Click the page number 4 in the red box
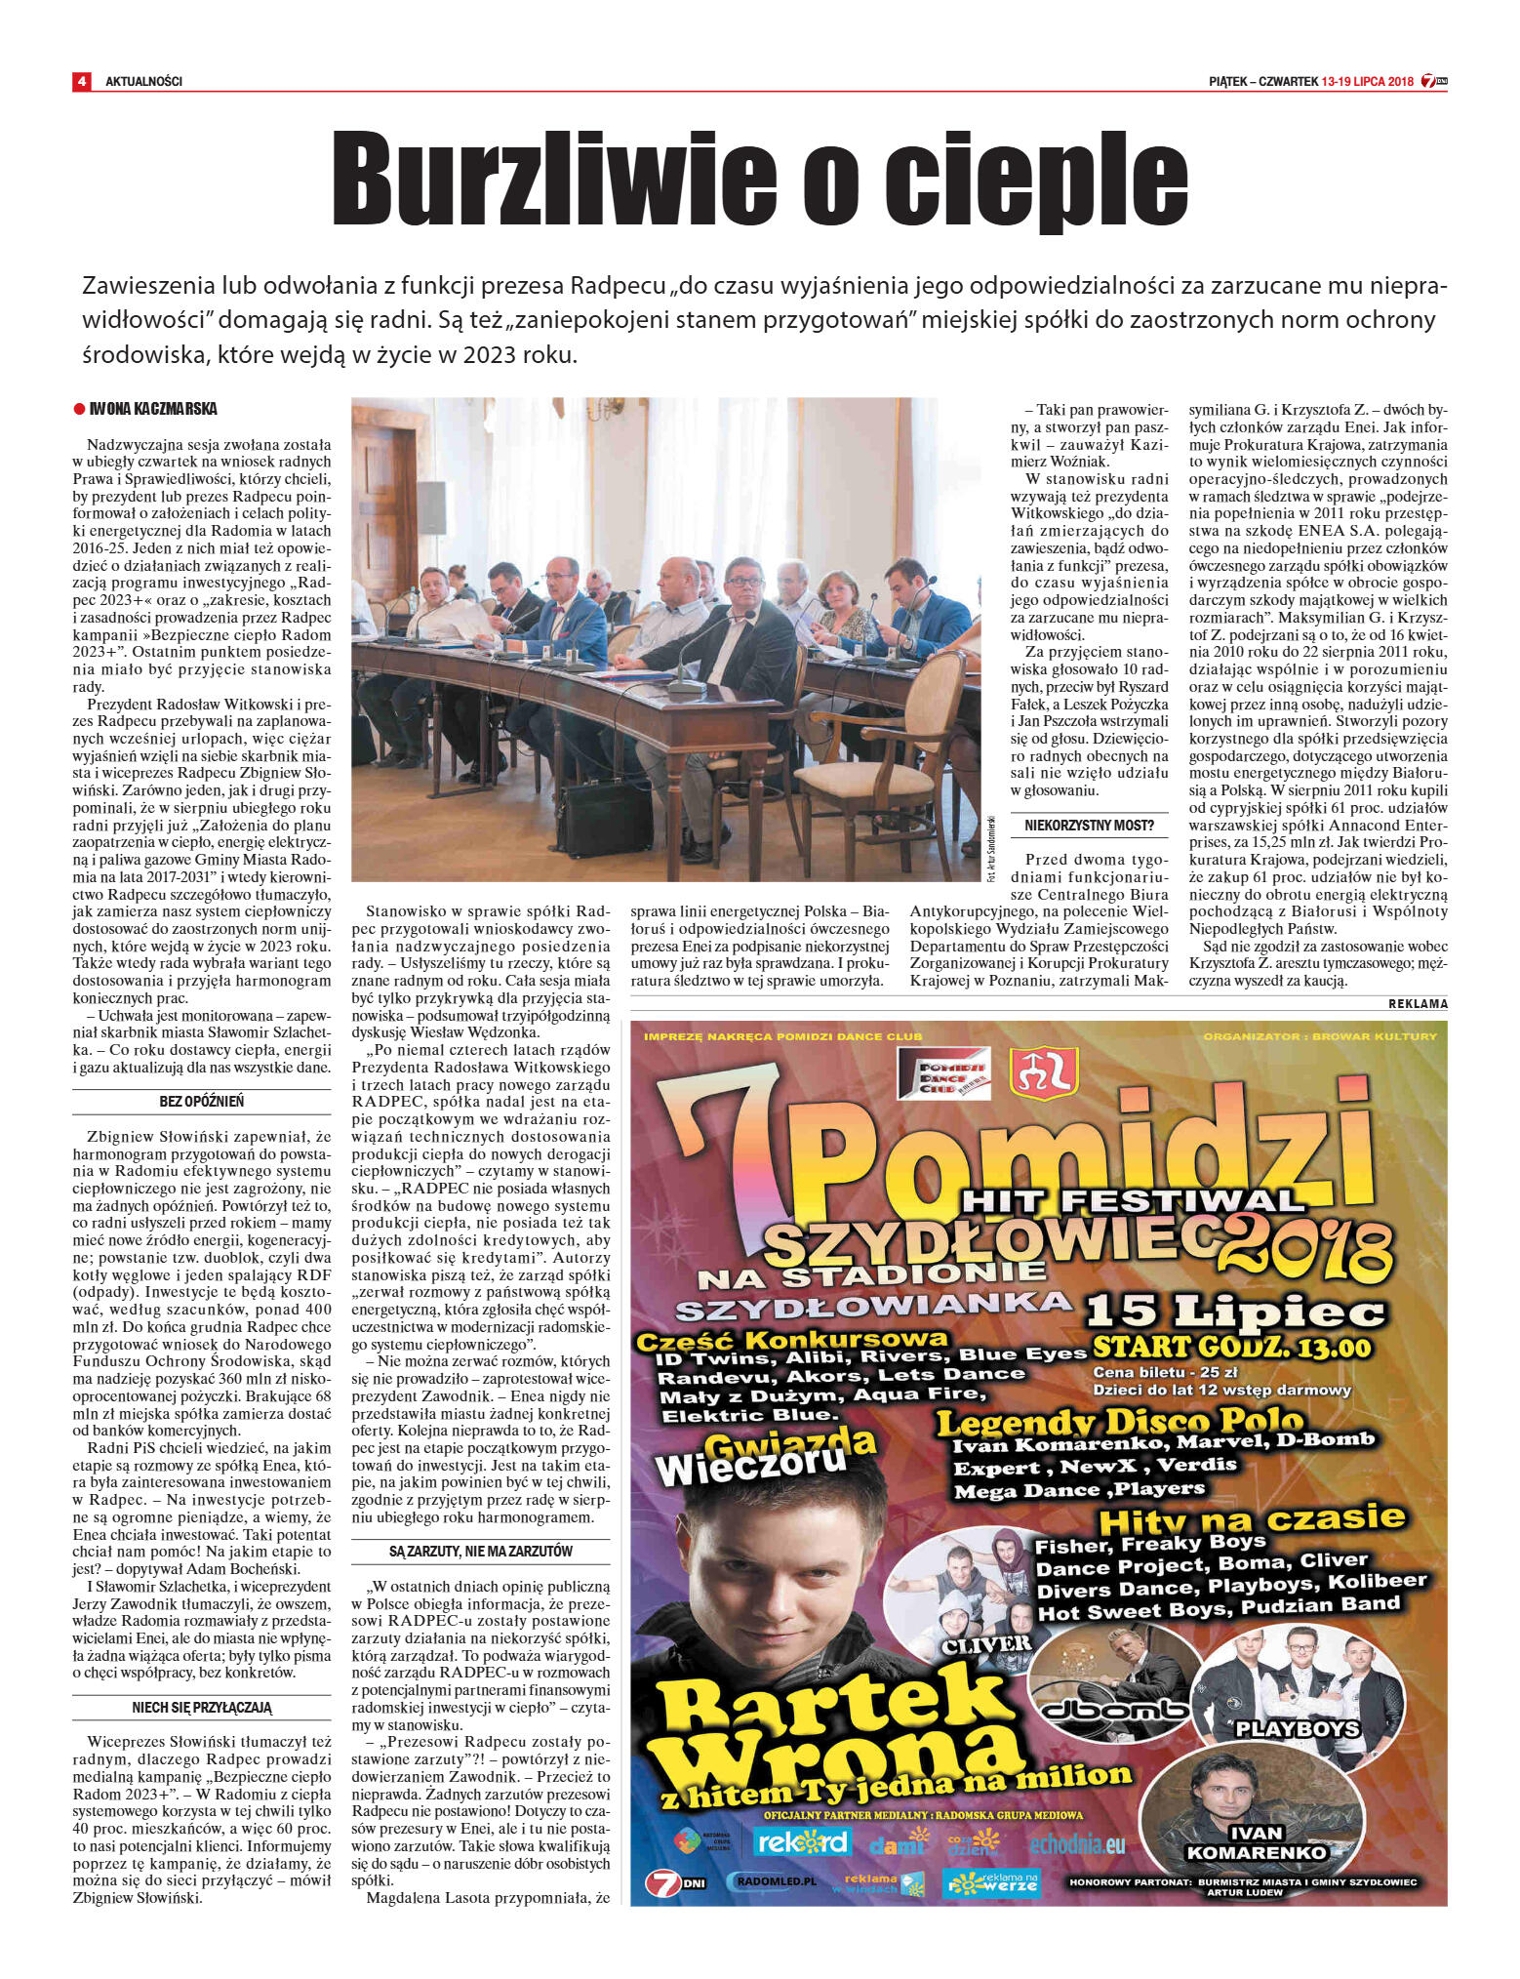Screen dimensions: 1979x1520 coord(82,81)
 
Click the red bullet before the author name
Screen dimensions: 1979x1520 coord(79,409)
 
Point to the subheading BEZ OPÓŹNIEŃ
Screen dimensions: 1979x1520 coord(202,1101)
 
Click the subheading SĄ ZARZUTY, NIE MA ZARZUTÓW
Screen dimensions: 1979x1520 coord(480,1551)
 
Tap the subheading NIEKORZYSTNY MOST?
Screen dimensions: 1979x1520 coord(1089,826)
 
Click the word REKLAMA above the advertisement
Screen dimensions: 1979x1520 coord(1418,1003)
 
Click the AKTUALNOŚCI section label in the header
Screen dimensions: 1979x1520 coord(143,81)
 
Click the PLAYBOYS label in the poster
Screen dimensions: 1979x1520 coord(1297,1729)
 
